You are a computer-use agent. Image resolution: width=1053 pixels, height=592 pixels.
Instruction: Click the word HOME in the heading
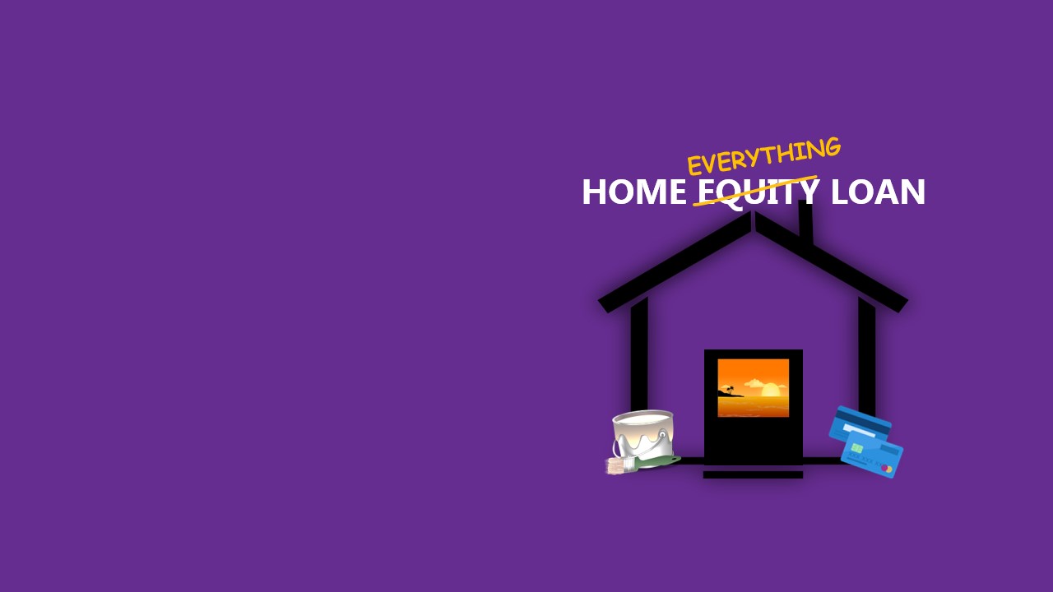[633, 192]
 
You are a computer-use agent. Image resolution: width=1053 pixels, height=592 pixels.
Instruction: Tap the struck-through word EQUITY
[758, 192]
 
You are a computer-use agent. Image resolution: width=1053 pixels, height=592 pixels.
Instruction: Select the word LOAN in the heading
[878, 192]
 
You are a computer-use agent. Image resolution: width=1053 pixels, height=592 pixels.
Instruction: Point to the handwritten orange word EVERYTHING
[764, 155]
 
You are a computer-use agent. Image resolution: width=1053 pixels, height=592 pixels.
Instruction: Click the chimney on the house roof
[805, 222]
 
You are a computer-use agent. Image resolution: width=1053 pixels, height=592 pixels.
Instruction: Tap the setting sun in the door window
[771, 390]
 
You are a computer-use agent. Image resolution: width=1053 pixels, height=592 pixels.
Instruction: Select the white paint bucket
[643, 435]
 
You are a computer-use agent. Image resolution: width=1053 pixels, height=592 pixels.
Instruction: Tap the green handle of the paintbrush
[657, 461]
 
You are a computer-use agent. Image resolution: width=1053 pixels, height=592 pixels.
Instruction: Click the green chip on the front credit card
[856, 448]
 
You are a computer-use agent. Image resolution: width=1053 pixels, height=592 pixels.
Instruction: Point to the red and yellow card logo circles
[887, 469]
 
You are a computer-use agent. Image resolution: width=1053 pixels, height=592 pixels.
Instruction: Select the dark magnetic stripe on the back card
[862, 419]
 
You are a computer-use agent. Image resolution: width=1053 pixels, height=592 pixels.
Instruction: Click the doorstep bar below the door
[753, 474]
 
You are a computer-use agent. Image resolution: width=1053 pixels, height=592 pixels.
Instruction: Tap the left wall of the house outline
[639, 356]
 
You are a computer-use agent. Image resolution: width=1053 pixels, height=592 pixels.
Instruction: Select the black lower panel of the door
[753, 439]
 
